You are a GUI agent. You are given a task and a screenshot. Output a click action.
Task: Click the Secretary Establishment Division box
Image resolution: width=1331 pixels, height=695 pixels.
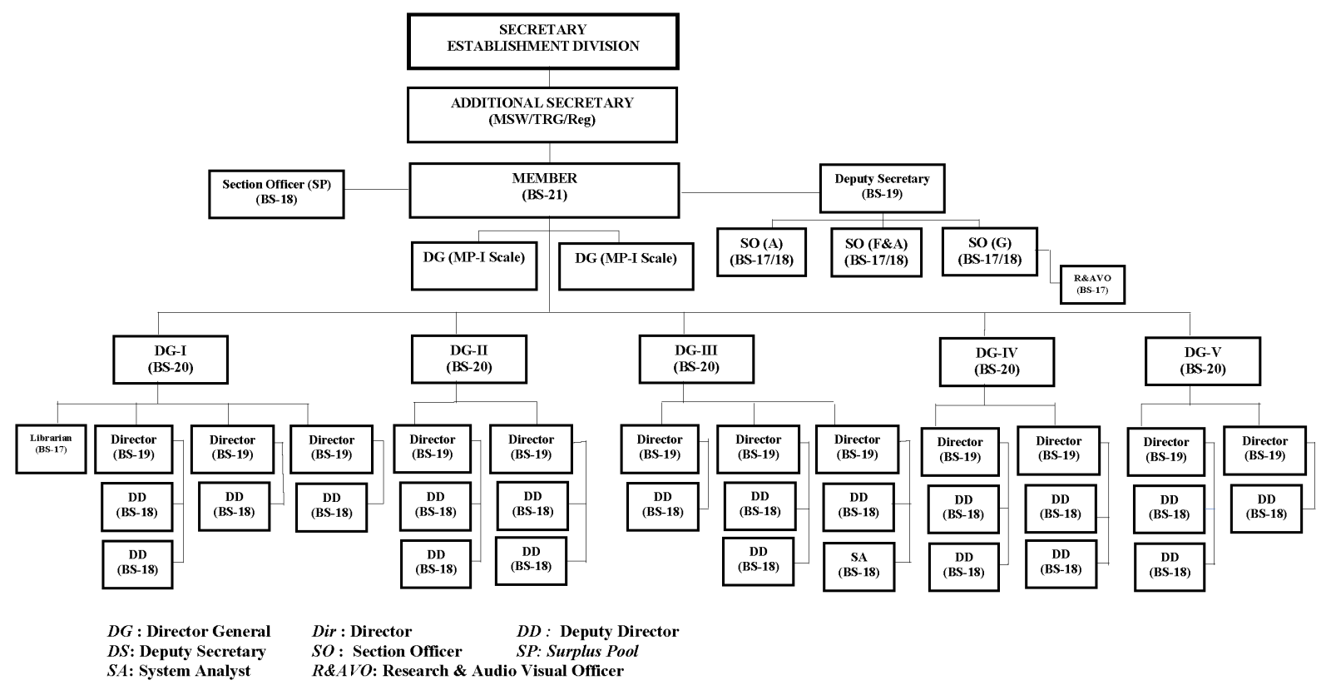point(542,41)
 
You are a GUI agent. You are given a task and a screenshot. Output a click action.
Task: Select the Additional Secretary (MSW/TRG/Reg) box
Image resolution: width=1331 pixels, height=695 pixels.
point(542,114)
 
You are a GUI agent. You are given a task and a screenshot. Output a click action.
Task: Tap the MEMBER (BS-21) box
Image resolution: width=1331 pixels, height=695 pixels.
point(544,190)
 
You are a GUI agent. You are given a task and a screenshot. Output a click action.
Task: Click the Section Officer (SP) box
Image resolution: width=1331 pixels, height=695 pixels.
point(276,193)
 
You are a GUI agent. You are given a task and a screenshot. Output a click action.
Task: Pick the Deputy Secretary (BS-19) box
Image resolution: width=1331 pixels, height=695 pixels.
point(882,187)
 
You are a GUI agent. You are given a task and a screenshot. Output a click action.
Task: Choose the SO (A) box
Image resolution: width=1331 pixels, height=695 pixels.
point(761,251)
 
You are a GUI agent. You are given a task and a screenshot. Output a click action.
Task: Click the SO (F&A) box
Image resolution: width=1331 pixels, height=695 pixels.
point(876,251)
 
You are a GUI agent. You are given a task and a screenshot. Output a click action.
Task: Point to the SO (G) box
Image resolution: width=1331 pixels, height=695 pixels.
point(989,251)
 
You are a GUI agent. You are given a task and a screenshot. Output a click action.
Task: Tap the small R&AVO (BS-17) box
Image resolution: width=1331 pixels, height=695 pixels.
point(1092,284)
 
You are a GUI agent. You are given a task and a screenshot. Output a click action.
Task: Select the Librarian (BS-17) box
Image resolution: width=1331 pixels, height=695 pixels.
point(51,449)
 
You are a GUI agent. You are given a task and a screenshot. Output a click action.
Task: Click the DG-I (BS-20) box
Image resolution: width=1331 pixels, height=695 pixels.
point(171,359)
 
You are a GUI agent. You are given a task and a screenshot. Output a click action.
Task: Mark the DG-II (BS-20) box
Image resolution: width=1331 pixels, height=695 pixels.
point(469,359)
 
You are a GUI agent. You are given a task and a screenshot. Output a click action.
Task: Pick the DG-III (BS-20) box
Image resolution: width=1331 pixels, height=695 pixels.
point(696,359)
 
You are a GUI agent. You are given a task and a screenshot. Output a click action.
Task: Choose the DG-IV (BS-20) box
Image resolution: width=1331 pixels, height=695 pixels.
point(996,361)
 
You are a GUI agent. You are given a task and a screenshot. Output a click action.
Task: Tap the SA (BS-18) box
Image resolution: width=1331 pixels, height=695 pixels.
point(858,566)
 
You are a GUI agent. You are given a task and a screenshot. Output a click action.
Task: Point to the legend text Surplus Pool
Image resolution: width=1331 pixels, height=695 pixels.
point(592,651)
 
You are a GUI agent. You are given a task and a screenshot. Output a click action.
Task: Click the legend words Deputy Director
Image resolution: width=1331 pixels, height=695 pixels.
point(619,631)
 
